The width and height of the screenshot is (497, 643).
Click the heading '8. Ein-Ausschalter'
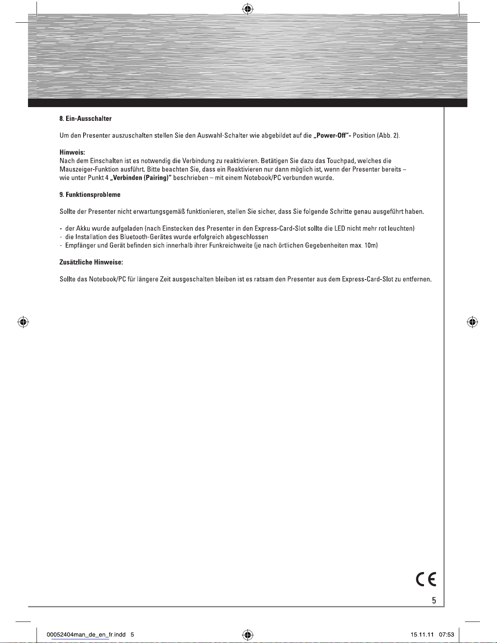[x=86, y=118]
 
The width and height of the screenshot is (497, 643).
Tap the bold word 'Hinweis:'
[x=72, y=153]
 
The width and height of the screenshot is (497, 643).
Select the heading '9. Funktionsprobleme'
[x=90, y=195]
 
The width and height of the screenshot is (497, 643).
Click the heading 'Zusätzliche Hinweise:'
[x=91, y=262]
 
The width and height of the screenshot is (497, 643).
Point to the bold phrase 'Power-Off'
[x=332, y=135]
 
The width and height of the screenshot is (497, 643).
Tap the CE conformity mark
[x=426, y=579]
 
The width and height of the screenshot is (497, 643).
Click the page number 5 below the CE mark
[x=434, y=600]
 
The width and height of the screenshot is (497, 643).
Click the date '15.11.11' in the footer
[x=422, y=634]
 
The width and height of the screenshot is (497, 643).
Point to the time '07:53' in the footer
[x=446, y=634]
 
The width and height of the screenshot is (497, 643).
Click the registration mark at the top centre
[x=247, y=9]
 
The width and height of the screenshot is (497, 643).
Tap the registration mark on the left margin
[x=23, y=323]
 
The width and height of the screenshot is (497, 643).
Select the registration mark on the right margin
[x=472, y=323]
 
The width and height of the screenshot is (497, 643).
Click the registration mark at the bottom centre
[x=247, y=634]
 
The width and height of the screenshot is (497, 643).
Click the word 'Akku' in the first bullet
[x=83, y=228]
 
